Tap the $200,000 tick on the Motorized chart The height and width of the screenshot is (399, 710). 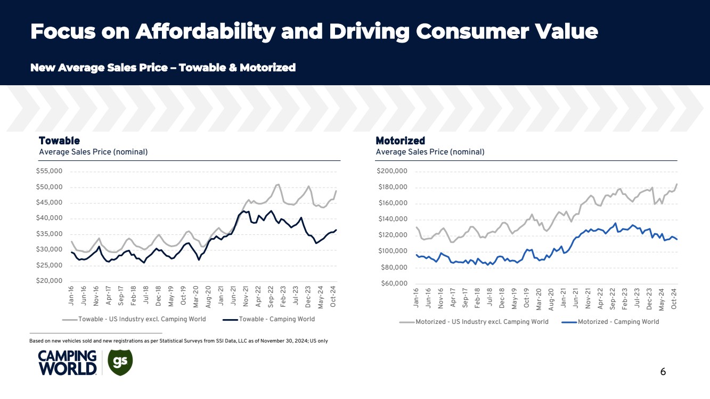point(392,172)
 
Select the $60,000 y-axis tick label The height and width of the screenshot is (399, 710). point(394,283)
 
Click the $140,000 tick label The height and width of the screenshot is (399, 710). point(392,219)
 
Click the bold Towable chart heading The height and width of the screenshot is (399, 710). point(59,141)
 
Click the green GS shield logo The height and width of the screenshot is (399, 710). point(120,363)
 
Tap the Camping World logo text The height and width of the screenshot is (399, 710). point(67,363)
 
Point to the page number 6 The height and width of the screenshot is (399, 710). point(663,372)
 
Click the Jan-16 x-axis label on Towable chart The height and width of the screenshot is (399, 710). point(72,296)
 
